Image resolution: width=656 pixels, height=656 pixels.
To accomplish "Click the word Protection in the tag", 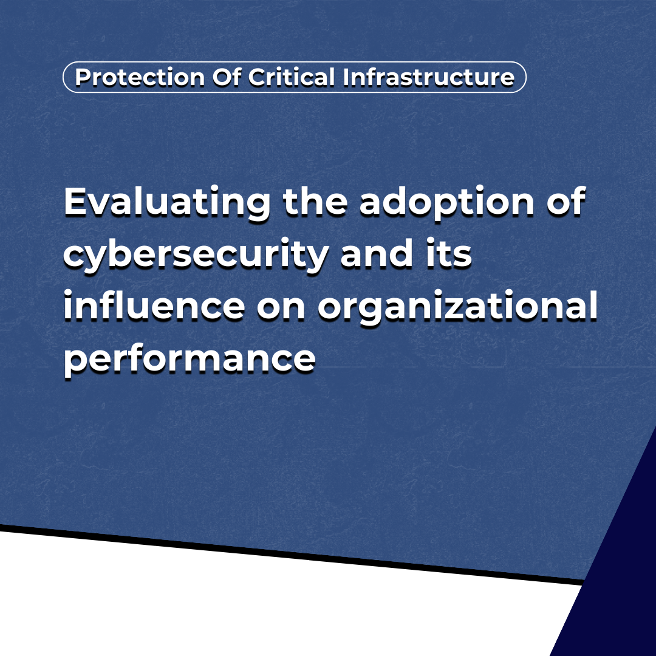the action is coord(140,77).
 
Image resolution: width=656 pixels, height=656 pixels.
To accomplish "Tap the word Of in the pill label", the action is coord(227,77).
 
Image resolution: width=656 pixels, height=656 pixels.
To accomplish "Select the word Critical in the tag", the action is coord(291,77).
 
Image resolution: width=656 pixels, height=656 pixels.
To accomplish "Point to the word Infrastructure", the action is coord(428,77).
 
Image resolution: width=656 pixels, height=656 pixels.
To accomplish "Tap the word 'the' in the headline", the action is coord(315,201).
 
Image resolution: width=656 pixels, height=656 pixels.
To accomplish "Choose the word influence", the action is coord(154,305).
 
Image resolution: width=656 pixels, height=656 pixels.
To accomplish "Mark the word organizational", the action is coord(458,307).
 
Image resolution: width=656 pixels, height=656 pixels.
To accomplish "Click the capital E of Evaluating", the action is coord(77,201).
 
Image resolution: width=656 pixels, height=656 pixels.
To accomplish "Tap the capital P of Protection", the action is coord(83,77).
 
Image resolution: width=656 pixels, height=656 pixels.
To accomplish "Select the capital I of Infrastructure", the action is coord(346,77).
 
